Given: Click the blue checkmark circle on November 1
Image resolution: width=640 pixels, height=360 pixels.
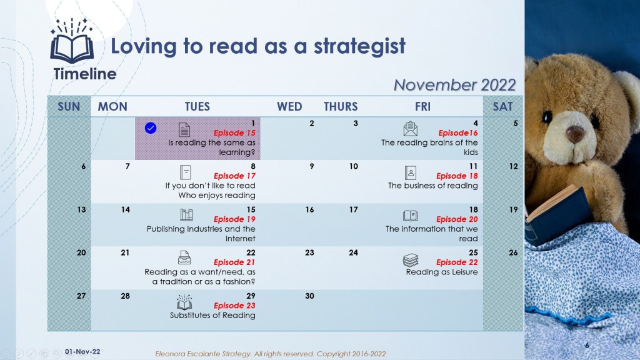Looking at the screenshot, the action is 151,128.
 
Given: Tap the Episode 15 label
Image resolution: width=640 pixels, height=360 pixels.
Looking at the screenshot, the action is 234,133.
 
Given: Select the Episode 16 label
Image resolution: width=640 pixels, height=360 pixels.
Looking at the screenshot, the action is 457,133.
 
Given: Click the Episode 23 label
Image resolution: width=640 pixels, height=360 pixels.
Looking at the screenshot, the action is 234,306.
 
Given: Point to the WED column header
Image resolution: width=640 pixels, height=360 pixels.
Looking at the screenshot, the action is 289,106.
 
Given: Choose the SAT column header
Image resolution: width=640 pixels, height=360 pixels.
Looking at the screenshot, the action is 502,106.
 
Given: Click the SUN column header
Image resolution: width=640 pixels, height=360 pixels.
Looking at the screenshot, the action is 69,106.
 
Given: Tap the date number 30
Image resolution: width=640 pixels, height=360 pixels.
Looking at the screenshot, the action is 309,296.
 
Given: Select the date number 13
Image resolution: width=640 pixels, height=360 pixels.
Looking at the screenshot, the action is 82,210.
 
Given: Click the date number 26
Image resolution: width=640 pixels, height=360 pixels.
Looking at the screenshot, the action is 513,252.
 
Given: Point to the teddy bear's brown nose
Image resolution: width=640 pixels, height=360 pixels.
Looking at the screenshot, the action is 575,133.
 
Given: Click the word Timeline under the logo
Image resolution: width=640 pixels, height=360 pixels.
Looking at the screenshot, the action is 85,74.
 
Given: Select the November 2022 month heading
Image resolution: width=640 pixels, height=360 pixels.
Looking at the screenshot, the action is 455,85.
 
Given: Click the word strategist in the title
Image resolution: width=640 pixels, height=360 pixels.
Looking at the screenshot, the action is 359,46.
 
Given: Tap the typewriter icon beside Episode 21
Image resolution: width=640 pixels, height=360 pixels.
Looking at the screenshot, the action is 184,257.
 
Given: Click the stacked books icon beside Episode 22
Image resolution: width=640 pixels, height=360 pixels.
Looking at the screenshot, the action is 411,260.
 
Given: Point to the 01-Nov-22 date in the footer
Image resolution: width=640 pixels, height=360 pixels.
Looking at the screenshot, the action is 82,352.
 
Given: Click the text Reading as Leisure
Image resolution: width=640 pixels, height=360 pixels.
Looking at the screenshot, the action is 442,272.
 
